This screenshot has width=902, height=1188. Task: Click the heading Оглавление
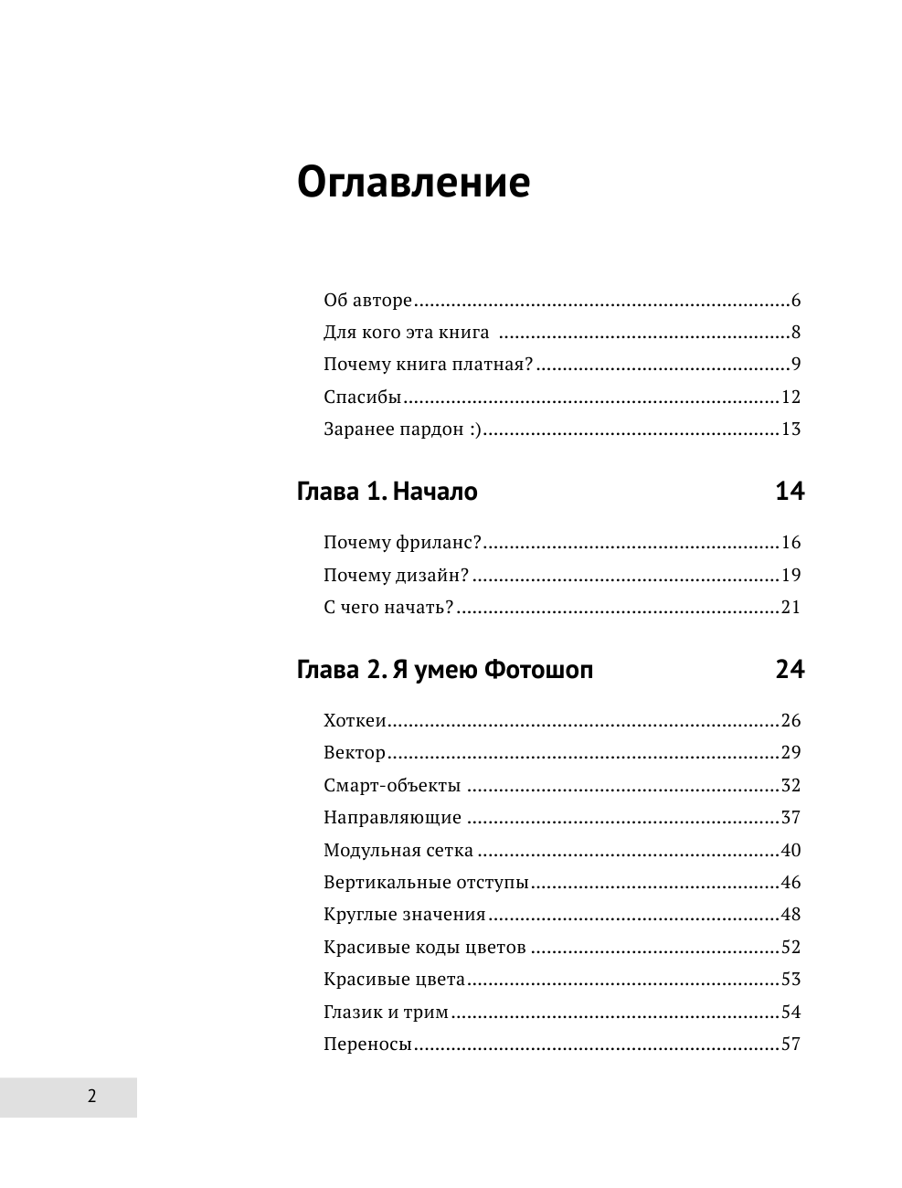[413, 182]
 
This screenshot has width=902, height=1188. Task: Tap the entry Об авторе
[367, 301]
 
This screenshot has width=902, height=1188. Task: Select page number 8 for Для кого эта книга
[796, 333]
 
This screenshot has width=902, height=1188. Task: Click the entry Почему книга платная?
[428, 365]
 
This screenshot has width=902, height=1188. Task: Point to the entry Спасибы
[363, 398]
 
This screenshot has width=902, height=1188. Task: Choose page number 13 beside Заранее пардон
[791, 430]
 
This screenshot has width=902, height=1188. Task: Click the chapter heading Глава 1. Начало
[387, 492]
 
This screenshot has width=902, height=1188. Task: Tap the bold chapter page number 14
[790, 492]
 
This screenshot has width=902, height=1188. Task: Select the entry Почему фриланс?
[402, 543]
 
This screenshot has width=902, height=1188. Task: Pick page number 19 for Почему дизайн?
[791, 576]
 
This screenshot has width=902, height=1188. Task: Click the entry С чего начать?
[388, 608]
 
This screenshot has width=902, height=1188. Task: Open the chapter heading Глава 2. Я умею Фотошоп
[445, 670]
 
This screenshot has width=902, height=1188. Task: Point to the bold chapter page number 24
[790, 670]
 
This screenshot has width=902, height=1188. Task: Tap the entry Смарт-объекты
[392, 786]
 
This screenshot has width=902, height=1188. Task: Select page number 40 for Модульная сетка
[791, 851]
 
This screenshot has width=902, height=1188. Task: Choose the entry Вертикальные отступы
[426, 883]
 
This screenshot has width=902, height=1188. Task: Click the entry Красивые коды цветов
[424, 948]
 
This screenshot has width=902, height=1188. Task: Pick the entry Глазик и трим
[386, 1013]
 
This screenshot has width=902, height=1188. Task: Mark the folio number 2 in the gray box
[91, 1097]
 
